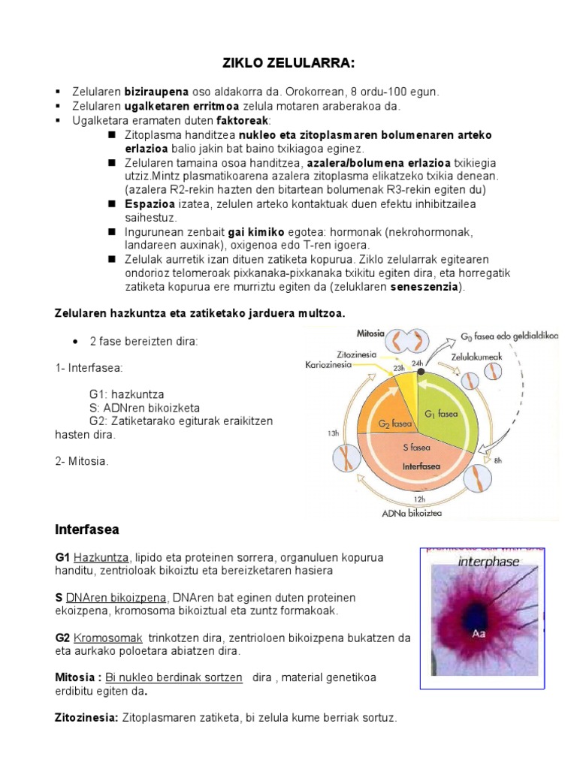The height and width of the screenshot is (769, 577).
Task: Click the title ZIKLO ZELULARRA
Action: click(288, 65)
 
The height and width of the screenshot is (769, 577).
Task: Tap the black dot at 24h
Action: click(421, 372)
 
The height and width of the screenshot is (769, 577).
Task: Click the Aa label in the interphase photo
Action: click(479, 634)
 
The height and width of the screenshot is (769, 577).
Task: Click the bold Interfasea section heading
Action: click(87, 529)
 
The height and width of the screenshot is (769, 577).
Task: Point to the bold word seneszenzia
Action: click(415, 287)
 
